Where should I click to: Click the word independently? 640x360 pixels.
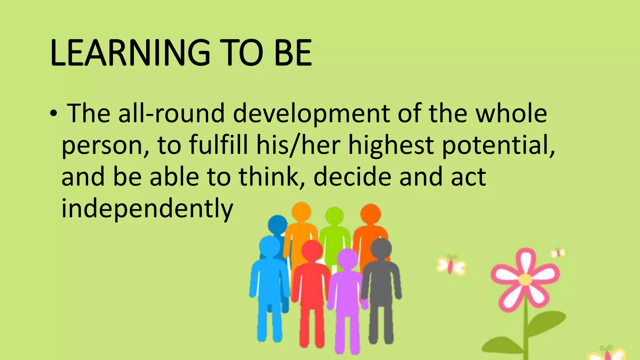pyautogui.click(x=147, y=209)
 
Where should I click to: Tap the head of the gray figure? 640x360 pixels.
pyautogui.click(x=381, y=249)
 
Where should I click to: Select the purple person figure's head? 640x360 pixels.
pyautogui.click(x=347, y=259)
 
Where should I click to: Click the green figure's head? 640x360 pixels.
pyautogui.click(x=334, y=216)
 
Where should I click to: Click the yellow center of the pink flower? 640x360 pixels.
pyautogui.click(x=526, y=279)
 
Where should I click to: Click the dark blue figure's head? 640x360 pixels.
pyautogui.click(x=277, y=224)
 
